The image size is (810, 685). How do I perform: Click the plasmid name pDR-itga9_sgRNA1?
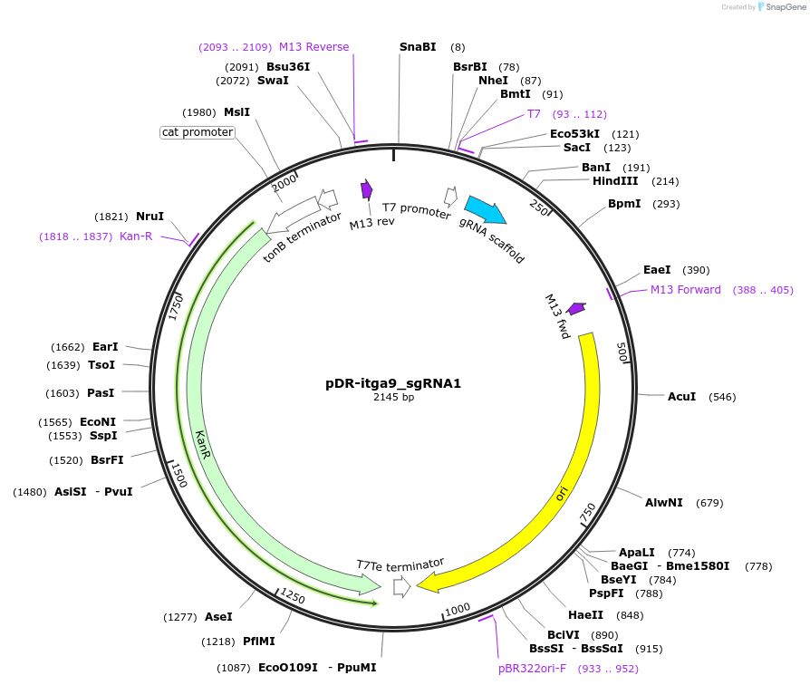click(x=393, y=383)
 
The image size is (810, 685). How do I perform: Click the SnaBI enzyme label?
click(x=418, y=47)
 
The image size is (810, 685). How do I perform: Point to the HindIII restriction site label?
click(x=615, y=181)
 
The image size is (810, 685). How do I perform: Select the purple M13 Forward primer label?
click(x=686, y=290)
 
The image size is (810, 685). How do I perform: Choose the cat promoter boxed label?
click(x=198, y=132)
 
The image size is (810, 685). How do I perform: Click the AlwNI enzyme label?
click(x=664, y=502)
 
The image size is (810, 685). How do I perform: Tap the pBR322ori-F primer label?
click(x=532, y=669)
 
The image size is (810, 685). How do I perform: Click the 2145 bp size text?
click(x=393, y=398)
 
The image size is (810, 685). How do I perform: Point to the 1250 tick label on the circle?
click(x=292, y=595)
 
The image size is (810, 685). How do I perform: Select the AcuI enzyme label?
click(x=681, y=397)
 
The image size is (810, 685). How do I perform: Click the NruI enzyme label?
click(x=149, y=217)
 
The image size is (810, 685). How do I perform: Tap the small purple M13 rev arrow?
click(x=367, y=189)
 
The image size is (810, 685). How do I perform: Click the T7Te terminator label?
click(x=400, y=564)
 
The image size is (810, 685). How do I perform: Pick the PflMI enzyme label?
click(x=258, y=642)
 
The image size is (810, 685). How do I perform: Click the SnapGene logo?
click(x=782, y=6)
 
